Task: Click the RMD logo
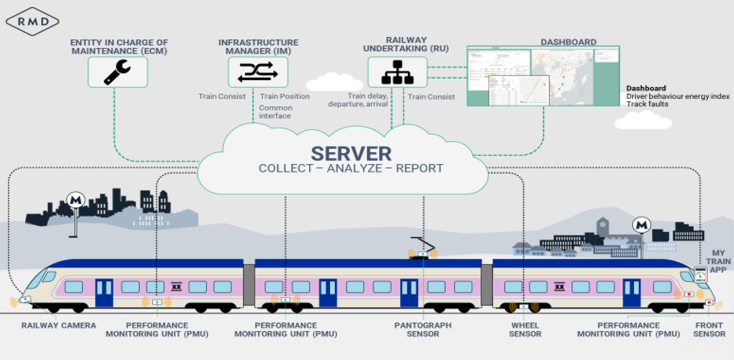[32, 21]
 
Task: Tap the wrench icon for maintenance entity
[118, 72]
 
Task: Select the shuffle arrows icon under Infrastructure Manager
[258, 72]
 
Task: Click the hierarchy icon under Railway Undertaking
[397, 72]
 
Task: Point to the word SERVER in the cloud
[351, 154]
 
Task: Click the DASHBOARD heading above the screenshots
[568, 42]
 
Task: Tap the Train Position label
[285, 96]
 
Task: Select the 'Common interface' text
[275, 112]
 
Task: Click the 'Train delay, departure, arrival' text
[358, 100]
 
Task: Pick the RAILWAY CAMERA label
[59, 326]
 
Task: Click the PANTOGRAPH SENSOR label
[423, 330]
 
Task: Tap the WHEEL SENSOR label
[525, 330]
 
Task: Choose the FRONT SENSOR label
[709, 330]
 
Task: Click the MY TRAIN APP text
[718, 261]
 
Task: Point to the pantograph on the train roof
[423, 248]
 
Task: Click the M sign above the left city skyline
[76, 200]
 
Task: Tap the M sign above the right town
[642, 225]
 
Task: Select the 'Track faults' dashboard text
[647, 104]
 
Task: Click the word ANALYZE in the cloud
[354, 168]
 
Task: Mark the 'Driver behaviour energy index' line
[678, 96]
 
